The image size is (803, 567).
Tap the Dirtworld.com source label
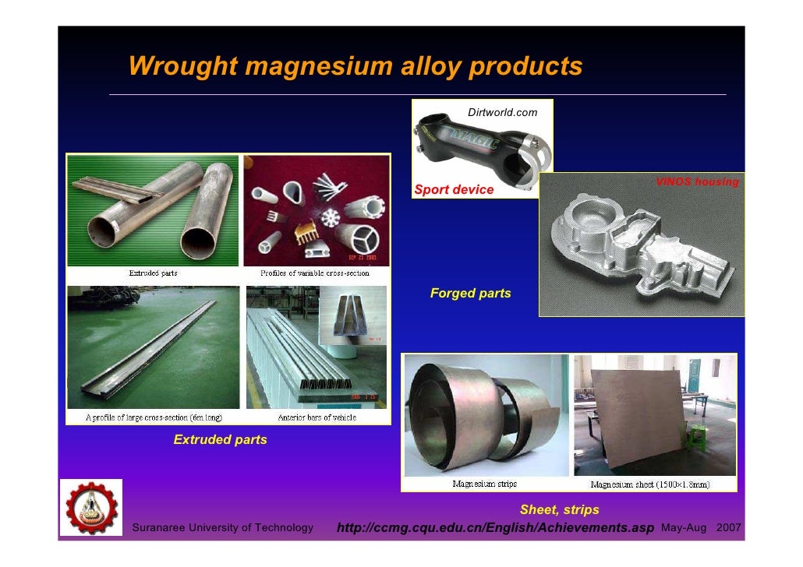click(502, 113)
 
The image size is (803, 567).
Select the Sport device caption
click(454, 189)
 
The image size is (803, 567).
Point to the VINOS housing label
click(696, 182)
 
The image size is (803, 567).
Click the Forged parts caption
click(470, 294)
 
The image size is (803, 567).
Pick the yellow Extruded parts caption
click(220, 440)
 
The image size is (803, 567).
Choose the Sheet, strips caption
click(559, 510)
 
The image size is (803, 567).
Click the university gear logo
click(91, 507)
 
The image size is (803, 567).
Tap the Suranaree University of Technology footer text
click(224, 529)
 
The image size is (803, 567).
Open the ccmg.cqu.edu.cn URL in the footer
click(495, 529)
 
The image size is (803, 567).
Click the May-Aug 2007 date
click(700, 529)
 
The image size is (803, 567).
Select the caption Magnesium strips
click(484, 484)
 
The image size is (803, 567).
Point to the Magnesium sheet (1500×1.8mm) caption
click(650, 484)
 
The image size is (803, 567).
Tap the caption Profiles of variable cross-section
click(314, 273)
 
